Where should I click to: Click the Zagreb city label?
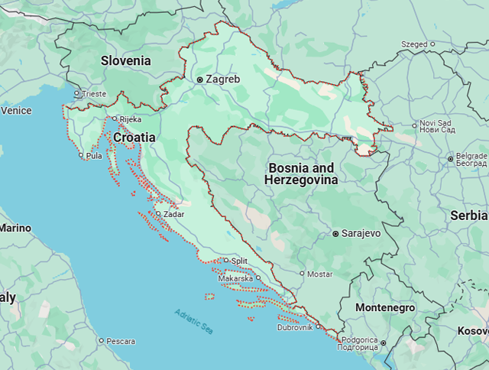(x=222, y=79)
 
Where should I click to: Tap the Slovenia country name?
(x=126, y=60)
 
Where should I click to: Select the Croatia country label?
(x=134, y=138)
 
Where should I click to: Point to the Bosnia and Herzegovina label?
(x=301, y=174)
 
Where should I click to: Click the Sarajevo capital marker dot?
(x=335, y=233)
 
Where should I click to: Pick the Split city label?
(x=239, y=261)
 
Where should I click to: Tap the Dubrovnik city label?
(x=295, y=327)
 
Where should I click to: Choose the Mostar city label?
(x=320, y=274)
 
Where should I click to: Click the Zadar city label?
(x=173, y=214)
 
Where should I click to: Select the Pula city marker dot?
(x=82, y=155)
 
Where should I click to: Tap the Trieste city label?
(x=95, y=94)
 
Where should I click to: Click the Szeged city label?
(x=415, y=44)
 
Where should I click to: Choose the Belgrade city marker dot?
(x=450, y=158)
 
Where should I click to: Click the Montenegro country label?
(x=385, y=307)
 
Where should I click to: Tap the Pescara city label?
(x=121, y=341)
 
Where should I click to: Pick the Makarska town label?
(x=235, y=278)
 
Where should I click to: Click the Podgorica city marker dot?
(x=383, y=343)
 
